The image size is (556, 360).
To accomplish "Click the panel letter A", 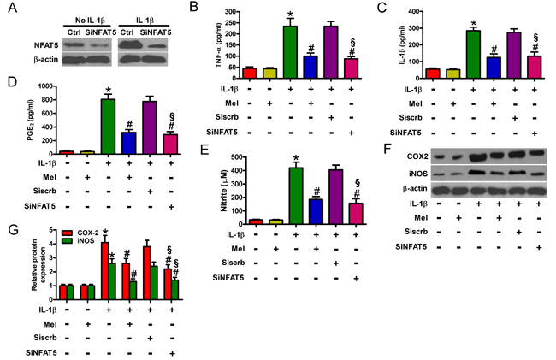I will click(x=9, y=9).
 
